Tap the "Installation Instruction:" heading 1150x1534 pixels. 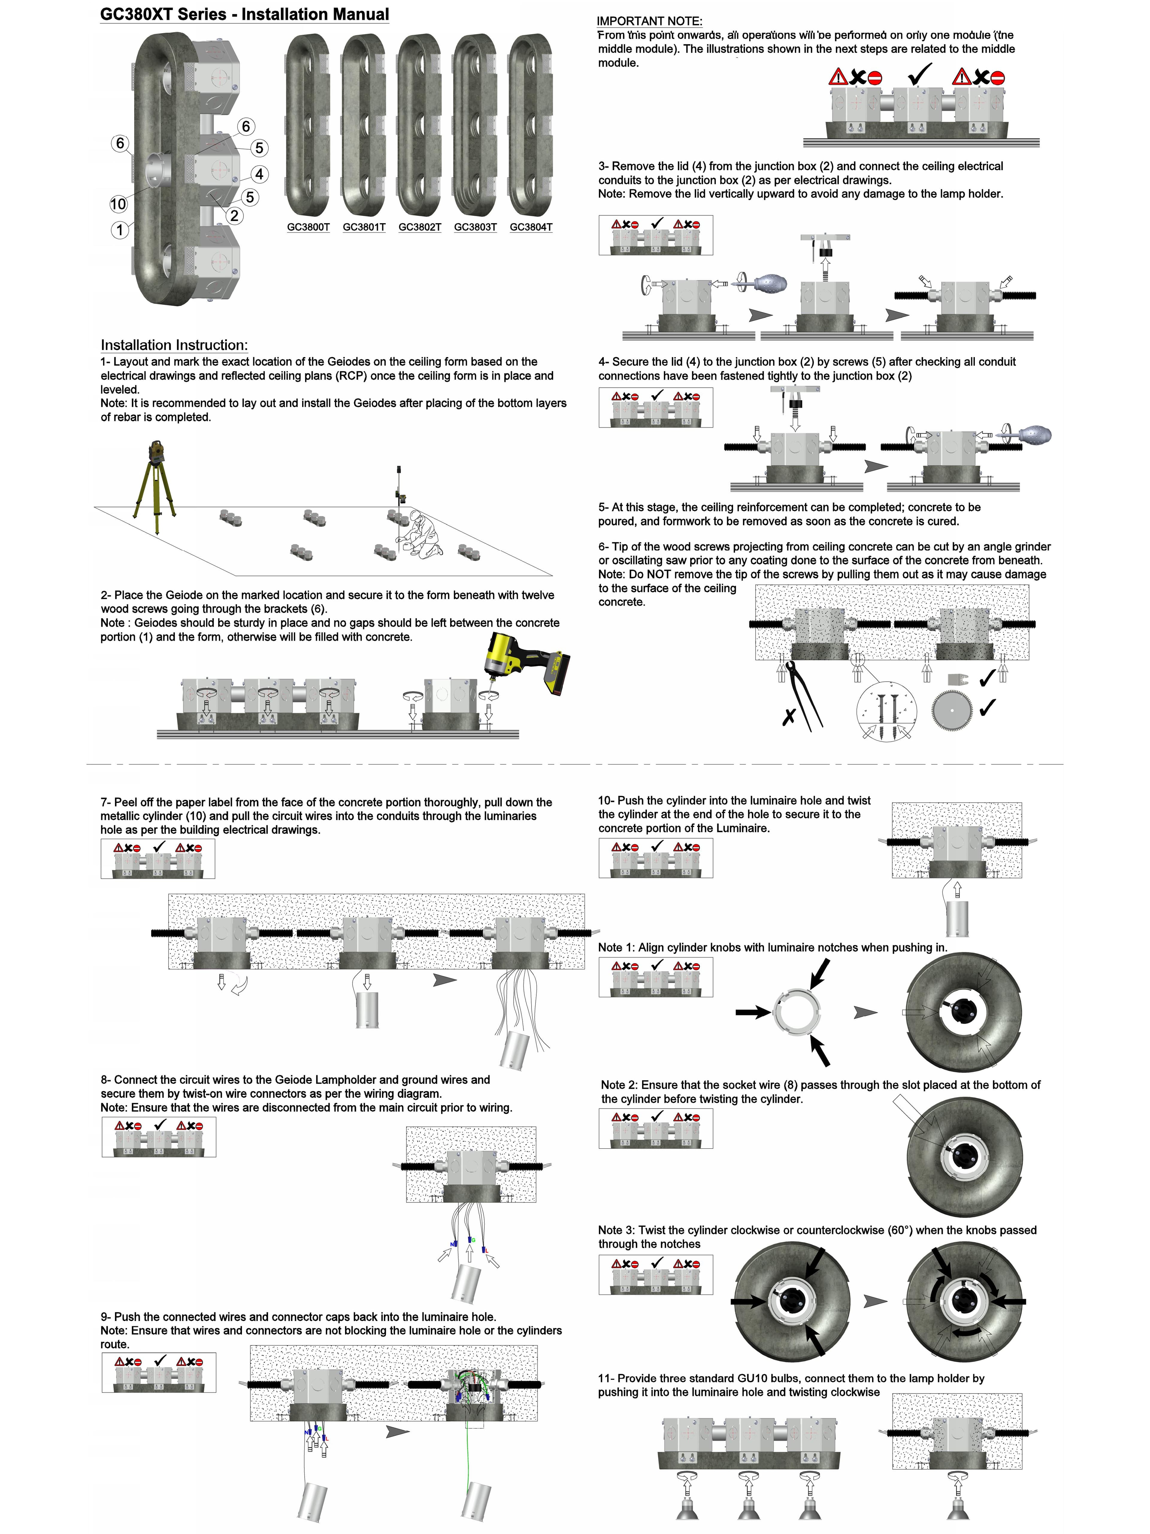[174, 345]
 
